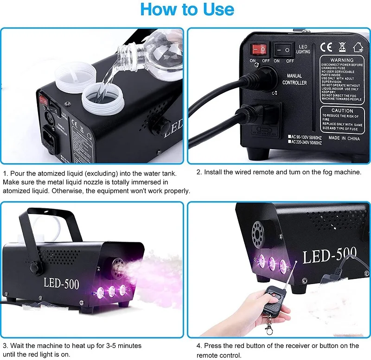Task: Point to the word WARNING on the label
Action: pos(342,60)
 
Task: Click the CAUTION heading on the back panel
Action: pos(342,111)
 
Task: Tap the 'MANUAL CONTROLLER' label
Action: pos(294,79)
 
